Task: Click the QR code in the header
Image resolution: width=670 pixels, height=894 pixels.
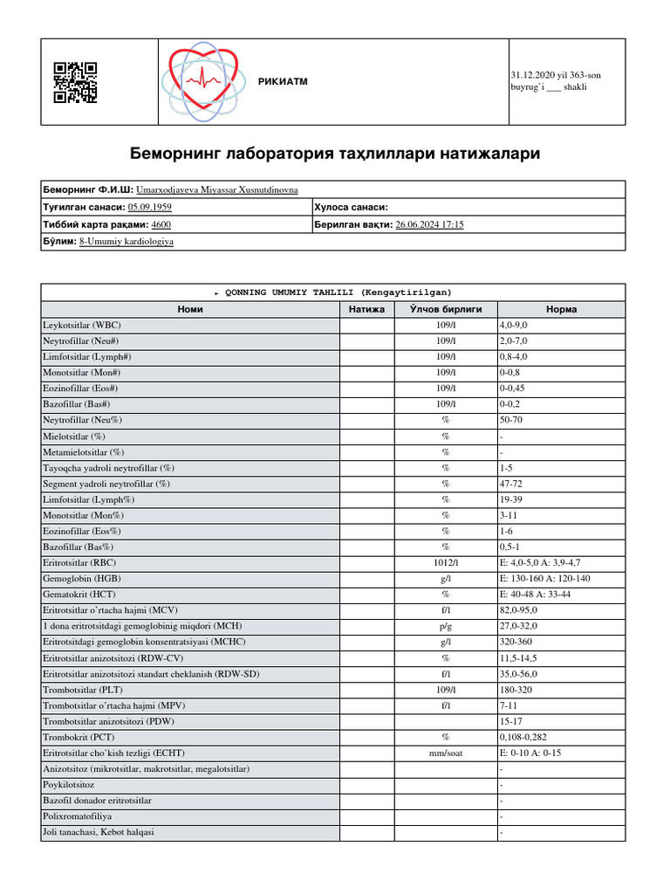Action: click(x=75, y=83)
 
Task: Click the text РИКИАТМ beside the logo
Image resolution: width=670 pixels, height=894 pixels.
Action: click(x=283, y=82)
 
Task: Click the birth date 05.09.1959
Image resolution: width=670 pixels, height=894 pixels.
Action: click(x=149, y=207)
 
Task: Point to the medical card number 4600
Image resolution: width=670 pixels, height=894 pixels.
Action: click(x=161, y=224)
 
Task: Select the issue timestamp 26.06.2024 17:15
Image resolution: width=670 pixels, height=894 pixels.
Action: click(x=429, y=224)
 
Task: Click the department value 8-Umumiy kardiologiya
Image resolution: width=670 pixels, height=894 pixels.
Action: click(x=126, y=241)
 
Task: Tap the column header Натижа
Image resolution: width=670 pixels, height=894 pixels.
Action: click(x=366, y=309)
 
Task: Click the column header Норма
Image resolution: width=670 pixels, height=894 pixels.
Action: click(x=560, y=309)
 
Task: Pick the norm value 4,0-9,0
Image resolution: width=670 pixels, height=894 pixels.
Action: click(x=514, y=325)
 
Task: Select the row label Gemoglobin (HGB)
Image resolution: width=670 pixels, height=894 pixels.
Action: click(x=84, y=579)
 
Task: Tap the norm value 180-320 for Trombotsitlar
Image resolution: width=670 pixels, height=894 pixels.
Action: click(x=516, y=690)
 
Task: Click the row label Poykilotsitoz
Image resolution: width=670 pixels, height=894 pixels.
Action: click(x=69, y=785)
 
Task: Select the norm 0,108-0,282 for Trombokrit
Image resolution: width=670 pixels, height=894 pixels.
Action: click(x=523, y=737)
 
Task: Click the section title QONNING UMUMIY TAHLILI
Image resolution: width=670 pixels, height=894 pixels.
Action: click(x=334, y=292)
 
